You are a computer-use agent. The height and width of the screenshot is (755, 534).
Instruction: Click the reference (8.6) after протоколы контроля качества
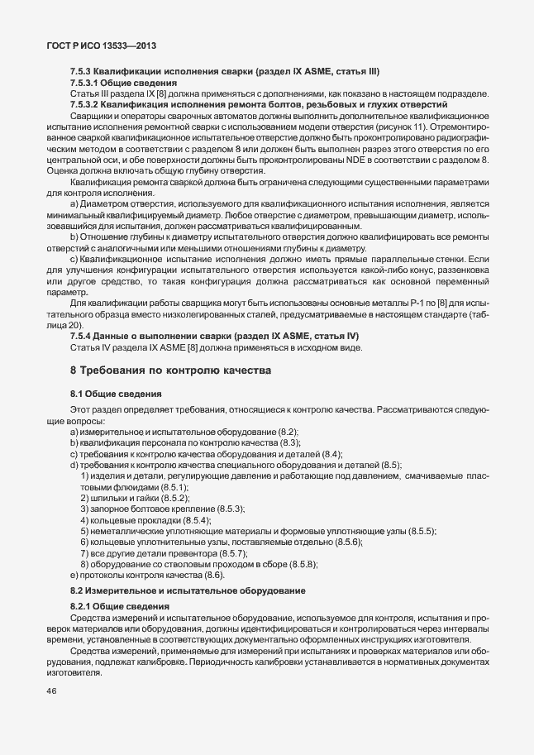tap(212, 574)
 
